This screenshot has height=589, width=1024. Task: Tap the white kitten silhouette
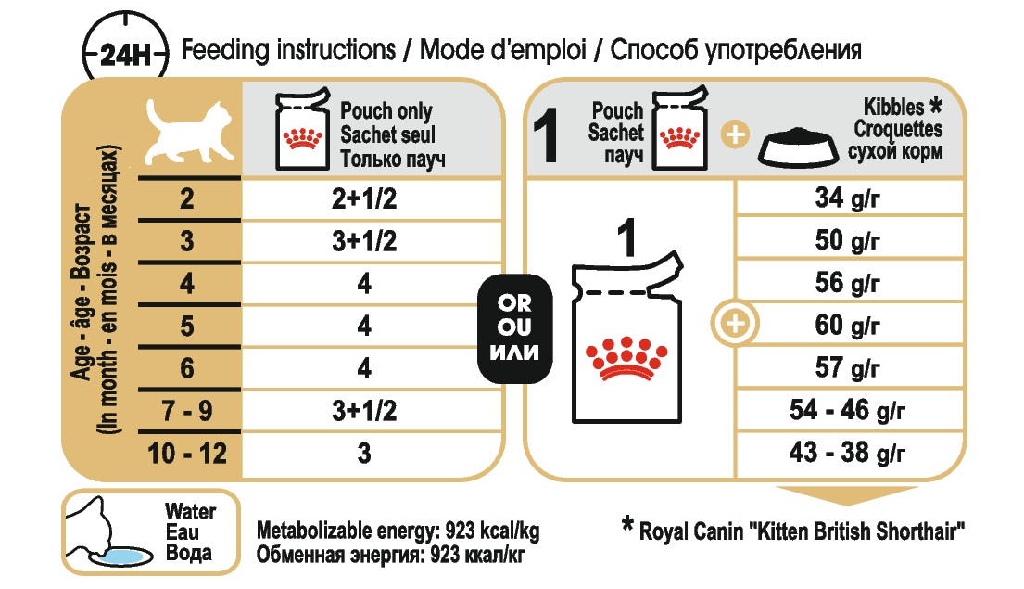pyautogui.click(x=189, y=132)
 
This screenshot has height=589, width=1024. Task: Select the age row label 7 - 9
pyautogui.click(x=187, y=411)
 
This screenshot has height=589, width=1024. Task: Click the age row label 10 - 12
pyautogui.click(x=187, y=453)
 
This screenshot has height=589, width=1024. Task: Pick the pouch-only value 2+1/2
pyautogui.click(x=364, y=198)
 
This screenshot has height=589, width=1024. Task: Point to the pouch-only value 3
pyautogui.click(x=364, y=453)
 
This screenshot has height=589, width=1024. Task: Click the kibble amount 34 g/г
pyautogui.click(x=847, y=198)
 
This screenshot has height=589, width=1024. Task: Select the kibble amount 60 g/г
pyautogui.click(x=847, y=325)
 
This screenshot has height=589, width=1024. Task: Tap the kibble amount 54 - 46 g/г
pyautogui.click(x=847, y=410)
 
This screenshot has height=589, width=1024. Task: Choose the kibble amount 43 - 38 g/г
pyautogui.click(x=847, y=453)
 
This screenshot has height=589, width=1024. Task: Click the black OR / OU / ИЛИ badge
pyautogui.click(x=514, y=328)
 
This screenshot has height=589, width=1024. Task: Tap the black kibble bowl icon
pyautogui.click(x=798, y=147)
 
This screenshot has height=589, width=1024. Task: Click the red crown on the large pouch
pyautogui.click(x=626, y=359)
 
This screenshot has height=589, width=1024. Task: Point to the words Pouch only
pyautogui.click(x=386, y=110)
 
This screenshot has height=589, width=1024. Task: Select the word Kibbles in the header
pyautogui.click(x=893, y=106)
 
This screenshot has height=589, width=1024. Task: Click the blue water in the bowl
pyautogui.click(x=124, y=557)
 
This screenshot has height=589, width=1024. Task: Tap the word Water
pyautogui.click(x=190, y=511)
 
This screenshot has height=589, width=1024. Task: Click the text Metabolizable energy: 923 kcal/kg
pyautogui.click(x=398, y=531)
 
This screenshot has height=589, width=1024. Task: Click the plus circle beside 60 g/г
pyautogui.click(x=736, y=323)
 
